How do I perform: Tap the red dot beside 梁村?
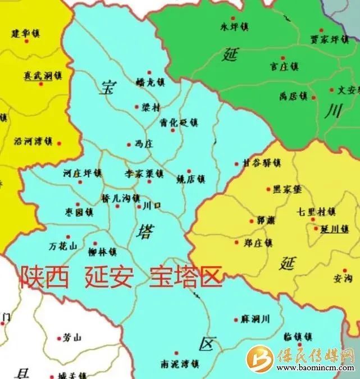136,107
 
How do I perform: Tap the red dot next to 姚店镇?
189,171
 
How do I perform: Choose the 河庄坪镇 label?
83,173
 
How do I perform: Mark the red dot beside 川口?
139,207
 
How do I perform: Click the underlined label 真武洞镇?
42,75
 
